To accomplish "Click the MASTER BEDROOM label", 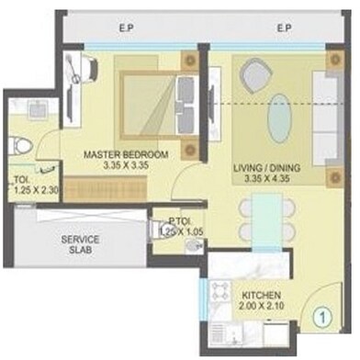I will (x=127, y=154).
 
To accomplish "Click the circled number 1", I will (x=321, y=321).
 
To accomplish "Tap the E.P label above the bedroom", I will (x=126, y=28).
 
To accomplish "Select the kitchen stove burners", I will (x=223, y=294).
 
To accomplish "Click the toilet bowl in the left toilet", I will (x=24, y=146).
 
